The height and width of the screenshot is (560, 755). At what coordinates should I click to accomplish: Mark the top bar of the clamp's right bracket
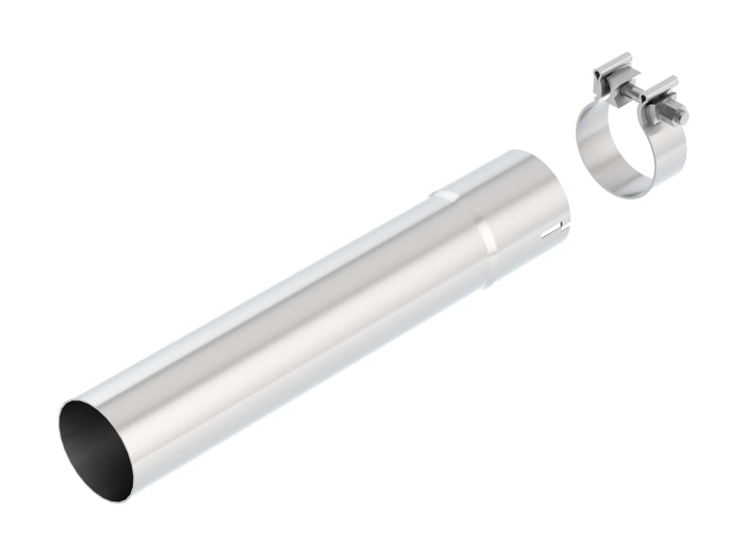click(662, 87)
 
